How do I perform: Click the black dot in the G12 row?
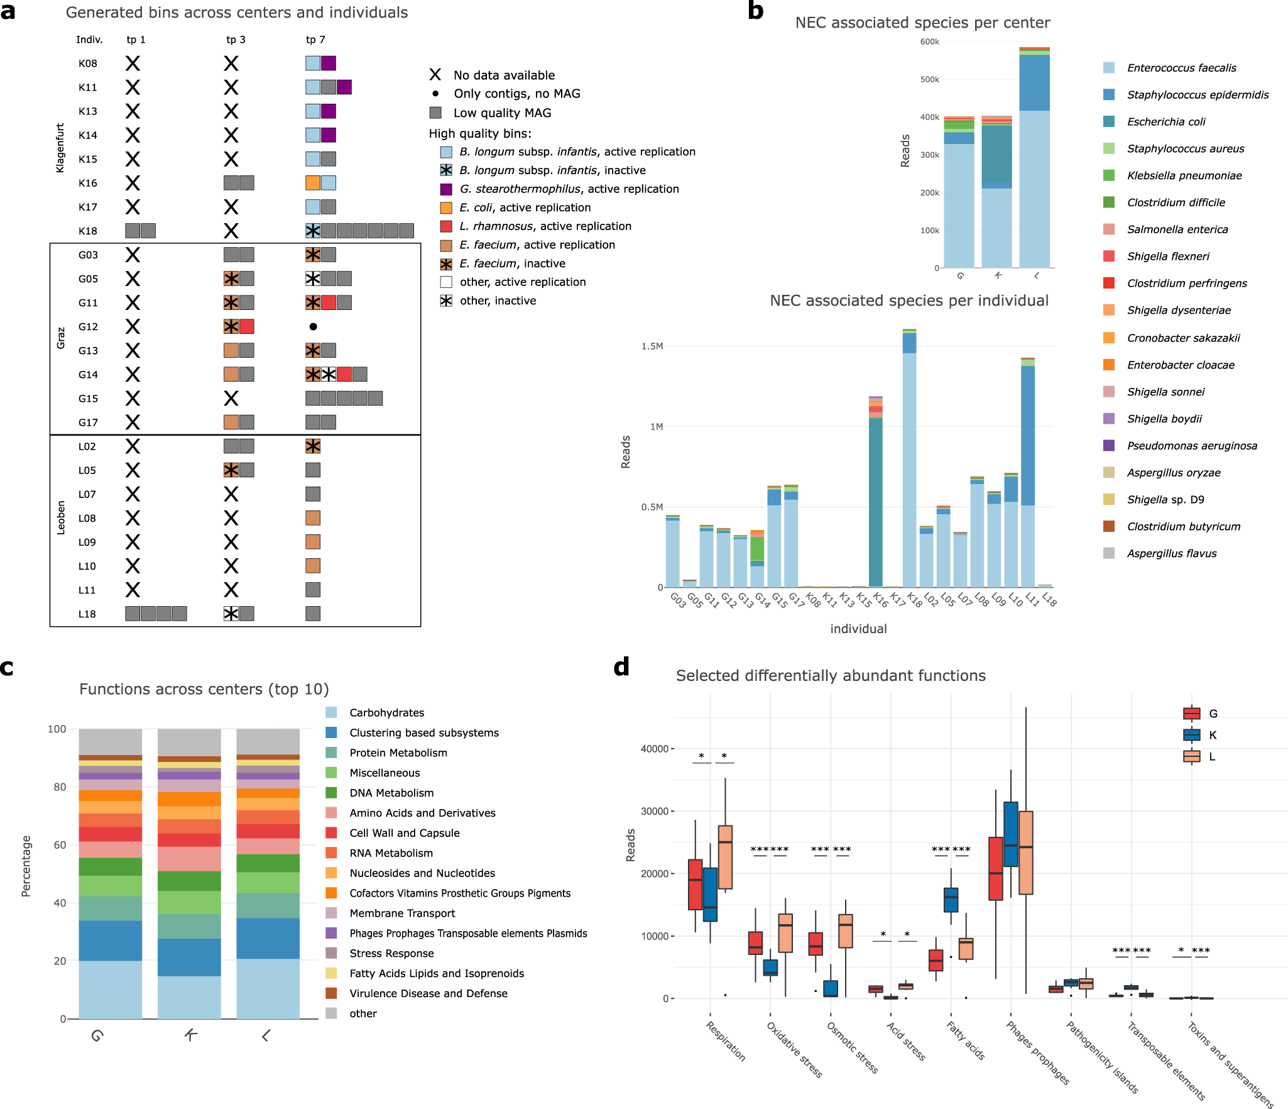(313, 326)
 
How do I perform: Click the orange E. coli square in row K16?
(312, 183)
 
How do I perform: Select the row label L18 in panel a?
(87, 614)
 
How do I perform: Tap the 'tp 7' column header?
(315, 40)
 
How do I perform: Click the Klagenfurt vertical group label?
(60, 148)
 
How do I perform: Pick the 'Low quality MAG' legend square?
(435, 113)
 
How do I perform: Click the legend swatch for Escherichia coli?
(1109, 121)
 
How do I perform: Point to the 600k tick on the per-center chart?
(929, 42)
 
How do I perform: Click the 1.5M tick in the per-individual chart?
(652, 346)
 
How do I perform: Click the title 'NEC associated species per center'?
(922, 23)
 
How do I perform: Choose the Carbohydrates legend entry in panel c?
(386, 712)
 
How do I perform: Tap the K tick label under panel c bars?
(190, 1034)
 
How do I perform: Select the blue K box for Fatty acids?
(951, 900)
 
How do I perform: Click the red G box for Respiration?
(695, 884)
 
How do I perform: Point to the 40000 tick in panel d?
(654, 749)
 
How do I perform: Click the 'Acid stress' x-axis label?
(905, 1041)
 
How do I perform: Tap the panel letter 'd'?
(621, 667)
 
